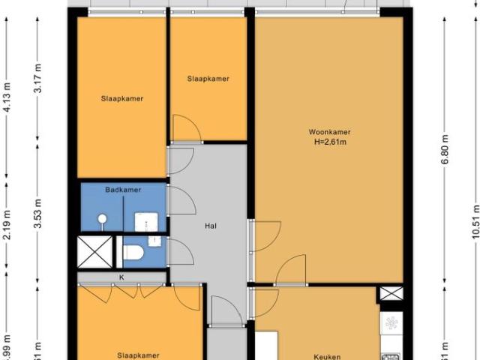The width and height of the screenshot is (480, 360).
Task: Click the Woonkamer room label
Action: (329, 132)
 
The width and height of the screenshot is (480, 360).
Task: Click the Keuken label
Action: (328, 357)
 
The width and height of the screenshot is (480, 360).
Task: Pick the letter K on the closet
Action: (121, 277)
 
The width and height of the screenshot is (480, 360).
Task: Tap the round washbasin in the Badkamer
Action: (101, 219)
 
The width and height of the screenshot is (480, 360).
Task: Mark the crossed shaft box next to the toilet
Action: (94, 251)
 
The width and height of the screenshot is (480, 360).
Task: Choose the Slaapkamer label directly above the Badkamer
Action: (122, 98)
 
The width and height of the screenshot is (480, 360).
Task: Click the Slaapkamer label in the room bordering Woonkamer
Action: (208, 79)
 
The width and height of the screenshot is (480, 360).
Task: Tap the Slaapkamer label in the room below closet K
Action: (138, 355)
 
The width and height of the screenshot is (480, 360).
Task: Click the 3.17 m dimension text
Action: (37, 79)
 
